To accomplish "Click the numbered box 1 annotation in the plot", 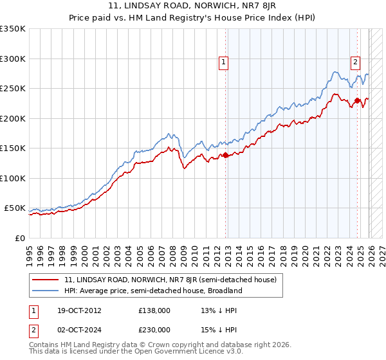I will pos(223,62).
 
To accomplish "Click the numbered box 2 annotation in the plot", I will pos(355,62).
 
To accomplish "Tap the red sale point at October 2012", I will pos(226,156).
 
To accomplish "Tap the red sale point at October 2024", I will pos(358,100).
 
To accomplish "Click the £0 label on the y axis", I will pos(19,238).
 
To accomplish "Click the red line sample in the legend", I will pos(47,280).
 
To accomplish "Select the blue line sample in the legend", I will pos(47,291).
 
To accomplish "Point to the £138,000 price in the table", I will pos(154,310).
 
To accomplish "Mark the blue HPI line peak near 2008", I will pos(169,133).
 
